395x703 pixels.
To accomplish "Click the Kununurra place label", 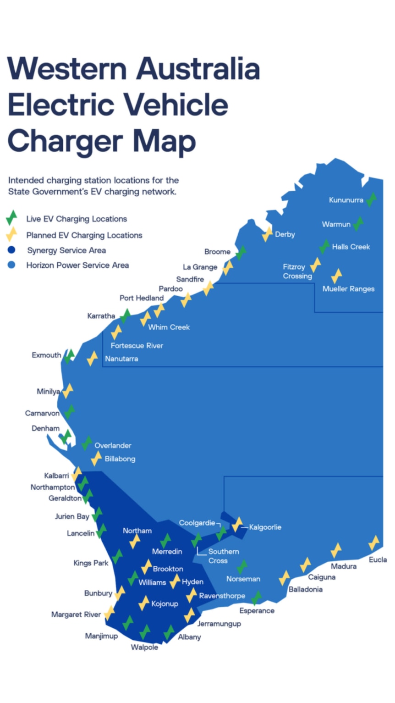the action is tap(346, 200).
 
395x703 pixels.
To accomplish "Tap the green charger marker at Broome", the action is tap(241, 252).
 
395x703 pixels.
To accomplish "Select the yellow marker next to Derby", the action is tap(267, 234).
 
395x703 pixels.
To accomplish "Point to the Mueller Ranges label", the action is tap(348, 289).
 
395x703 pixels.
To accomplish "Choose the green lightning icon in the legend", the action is tap(11, 218).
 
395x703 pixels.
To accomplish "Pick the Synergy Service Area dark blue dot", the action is tap(11, 250).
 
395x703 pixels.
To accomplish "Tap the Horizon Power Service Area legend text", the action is tap(77, 265).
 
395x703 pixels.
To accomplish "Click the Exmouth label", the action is tap(46, 355).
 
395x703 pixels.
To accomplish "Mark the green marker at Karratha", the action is tap(125, 316).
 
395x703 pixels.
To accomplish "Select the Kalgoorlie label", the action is tap(265, 527).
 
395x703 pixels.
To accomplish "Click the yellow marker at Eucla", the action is tap(374, 542).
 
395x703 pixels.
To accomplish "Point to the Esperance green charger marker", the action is tap(257, 598).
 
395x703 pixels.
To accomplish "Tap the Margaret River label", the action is tap(76, 614).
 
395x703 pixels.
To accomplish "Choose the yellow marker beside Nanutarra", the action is tap(93, 358).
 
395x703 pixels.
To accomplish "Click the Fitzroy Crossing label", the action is tap(297, 271).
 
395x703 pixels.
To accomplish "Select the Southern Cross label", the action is tap(224, 556).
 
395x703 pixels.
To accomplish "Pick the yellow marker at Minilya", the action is tap(68, 391).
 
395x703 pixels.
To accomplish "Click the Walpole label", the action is tap(144, 647).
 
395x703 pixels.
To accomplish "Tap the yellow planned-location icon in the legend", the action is tap(11, 234).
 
